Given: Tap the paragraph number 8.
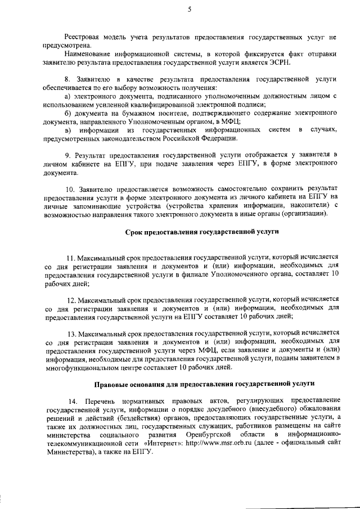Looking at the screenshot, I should click(x=68, y=80).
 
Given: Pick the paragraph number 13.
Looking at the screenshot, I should click(x=71, y=334).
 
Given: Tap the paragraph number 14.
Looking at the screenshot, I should click(x=73, y=400).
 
